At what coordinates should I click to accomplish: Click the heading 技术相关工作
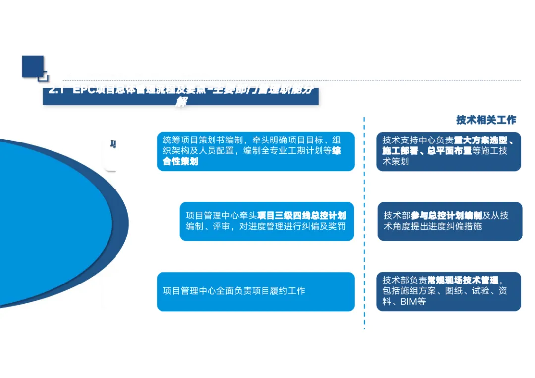pos(486,120)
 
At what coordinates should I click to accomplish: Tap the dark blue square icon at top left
pos(33,66)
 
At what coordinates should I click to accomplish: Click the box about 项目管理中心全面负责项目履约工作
pos(256,291)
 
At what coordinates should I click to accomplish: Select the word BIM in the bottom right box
pos(409,301)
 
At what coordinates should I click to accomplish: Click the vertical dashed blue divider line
pos(364,223)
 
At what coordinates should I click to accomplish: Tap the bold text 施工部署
pos(397,151)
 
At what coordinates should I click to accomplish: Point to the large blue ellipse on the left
pos(50,223)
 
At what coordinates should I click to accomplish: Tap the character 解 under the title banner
pos(181,102)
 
